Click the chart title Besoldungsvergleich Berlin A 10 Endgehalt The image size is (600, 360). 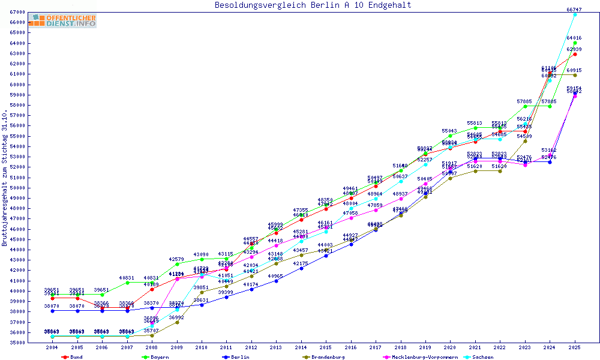(x=313, y=5)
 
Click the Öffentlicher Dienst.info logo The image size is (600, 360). (x=64, y=21)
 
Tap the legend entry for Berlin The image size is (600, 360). (x=239, y=357)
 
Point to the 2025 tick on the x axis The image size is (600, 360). (x=575, y=347)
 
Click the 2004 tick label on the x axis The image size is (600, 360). (x=52, y=347)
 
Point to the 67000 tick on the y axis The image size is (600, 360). (x=16, y=12)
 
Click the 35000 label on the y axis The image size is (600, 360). (x=16, y=343)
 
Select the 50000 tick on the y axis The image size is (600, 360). (x=16, y=188)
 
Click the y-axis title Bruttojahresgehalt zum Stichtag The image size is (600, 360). (x=5, y=178)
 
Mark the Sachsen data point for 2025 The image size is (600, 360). (x=575, y=14)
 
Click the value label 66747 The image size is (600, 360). (x=574, y=9)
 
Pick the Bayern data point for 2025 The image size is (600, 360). (x=575, y=43)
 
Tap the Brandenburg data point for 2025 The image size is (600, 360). (x=575, y=75)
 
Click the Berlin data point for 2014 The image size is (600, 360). (x=301, y=268)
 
